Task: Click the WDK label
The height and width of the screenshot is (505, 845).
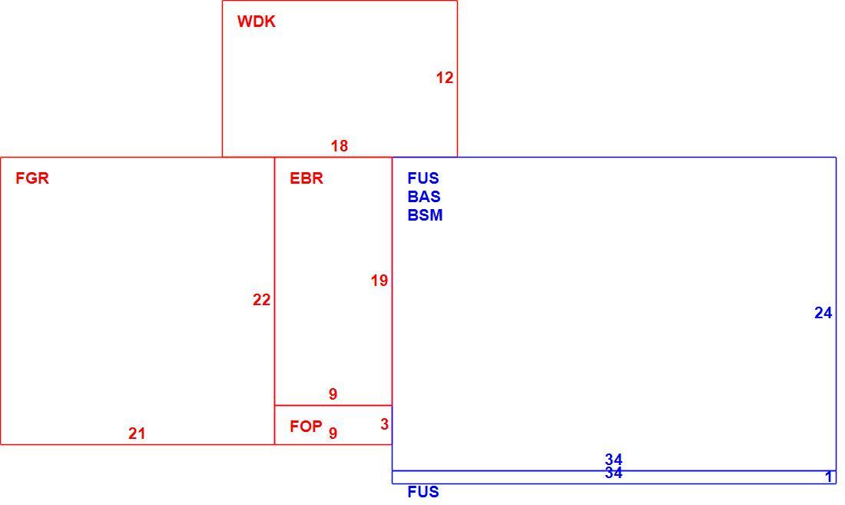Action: click(x=257, y=22)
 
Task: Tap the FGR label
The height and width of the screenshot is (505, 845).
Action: click(x=32, y=178)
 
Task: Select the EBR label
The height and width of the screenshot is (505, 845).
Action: click(x=307, y=178)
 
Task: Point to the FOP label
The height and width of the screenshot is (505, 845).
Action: click(x=306, y=427)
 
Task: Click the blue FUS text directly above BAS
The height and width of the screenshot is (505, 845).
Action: click(x=423, y=178)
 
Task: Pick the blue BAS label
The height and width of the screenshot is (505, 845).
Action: click(x=424, y=197)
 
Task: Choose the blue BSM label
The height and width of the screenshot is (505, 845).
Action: click(x=426, y=215)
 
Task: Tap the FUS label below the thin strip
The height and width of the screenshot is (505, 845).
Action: click(x=423, y=491)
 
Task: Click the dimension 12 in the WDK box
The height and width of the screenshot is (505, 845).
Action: click(x=445, y=78)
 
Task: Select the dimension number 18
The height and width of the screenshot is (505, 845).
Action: click(x=340, y=146)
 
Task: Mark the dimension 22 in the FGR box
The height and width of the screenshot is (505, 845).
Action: click(x=262, y=300)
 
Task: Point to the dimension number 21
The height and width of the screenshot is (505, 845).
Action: click(x=137, y=434)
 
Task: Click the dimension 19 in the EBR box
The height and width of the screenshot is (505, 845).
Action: click(x=379, y=281)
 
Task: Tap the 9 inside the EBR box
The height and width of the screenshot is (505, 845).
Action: click(x=333, y=394)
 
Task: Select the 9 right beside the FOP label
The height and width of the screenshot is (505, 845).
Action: click(x=333, y=433)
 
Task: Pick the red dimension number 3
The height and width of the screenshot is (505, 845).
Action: click(x=384, y=424)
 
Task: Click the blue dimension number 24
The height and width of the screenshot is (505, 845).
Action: click(x=823, y=313)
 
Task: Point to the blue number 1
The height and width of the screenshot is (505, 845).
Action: click(x=829, y=477)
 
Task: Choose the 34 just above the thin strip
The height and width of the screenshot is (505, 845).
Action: click(x=614, y=460)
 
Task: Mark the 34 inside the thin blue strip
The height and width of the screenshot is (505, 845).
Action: click(x=614, y=473)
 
